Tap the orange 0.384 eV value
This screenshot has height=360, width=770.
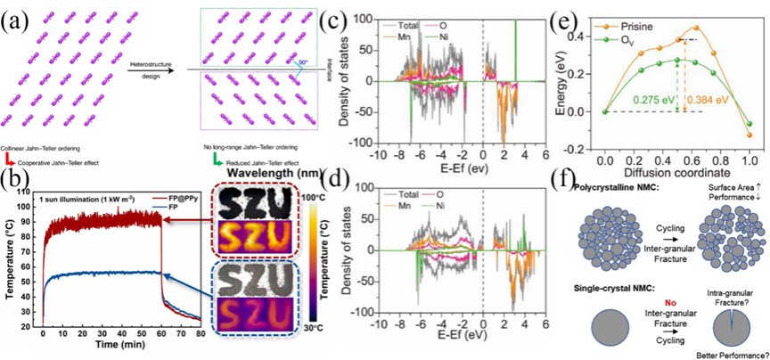[x=703, y=99]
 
